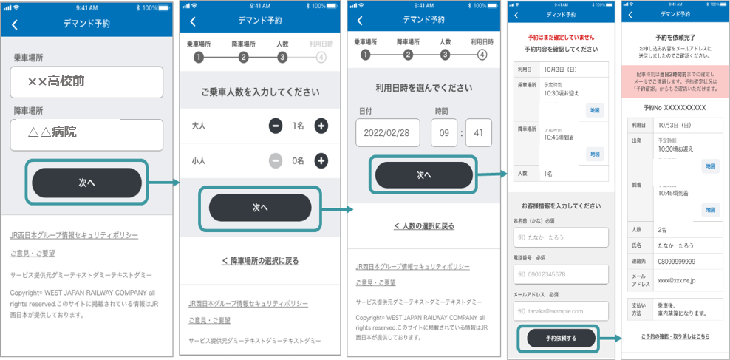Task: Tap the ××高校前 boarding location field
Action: pyautogui.click(x=86, y=82)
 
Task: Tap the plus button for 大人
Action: pyautogui.click(x=321, y=126)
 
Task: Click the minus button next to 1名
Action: pyautogui.click(x=276, y=126)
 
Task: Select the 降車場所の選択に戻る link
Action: pyautogui.click(x=260, y=261)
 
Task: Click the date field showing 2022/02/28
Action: pyautogui.click(x=387, y=133)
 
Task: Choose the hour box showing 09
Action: pyautogui.click(x=443, y=133)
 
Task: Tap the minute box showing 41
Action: pyautogui.click(x=479, y=133)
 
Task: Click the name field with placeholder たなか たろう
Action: pyautogui.click(x=561, y=237)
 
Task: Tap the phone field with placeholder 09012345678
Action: pyautogui.click(x=561, y=274)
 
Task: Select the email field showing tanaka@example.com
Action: pyautogui.click(x=561, y=311)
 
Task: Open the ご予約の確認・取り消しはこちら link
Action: pyautogui.click(x=675, y=336)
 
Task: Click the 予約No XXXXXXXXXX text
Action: pyautogui.click(x=675, y=108)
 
